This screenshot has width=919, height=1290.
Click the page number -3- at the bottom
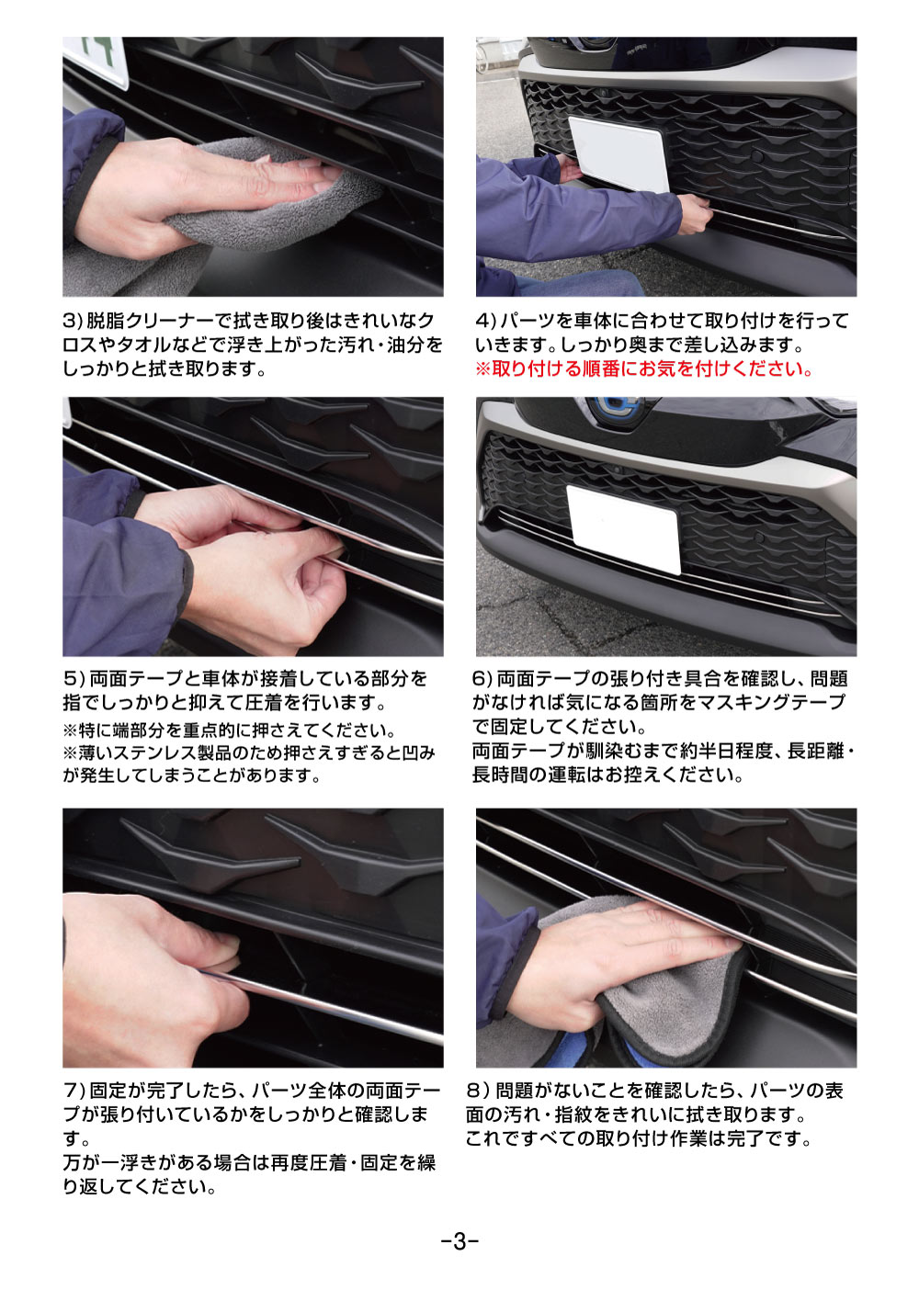point(459,1242)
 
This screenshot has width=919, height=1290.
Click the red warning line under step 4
point(644,369)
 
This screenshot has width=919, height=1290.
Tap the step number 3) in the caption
point(73,322)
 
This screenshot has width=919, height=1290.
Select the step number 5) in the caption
point(74,679)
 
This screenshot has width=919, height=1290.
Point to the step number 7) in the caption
point(74,1091)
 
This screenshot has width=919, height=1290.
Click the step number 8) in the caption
point(478,1091)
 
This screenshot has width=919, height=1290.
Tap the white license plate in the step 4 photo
point(618,153)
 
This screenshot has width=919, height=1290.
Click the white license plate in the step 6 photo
point(622,527)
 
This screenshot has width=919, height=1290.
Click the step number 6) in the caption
point(482,679)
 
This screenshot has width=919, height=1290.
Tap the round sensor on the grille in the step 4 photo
point(757,157)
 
